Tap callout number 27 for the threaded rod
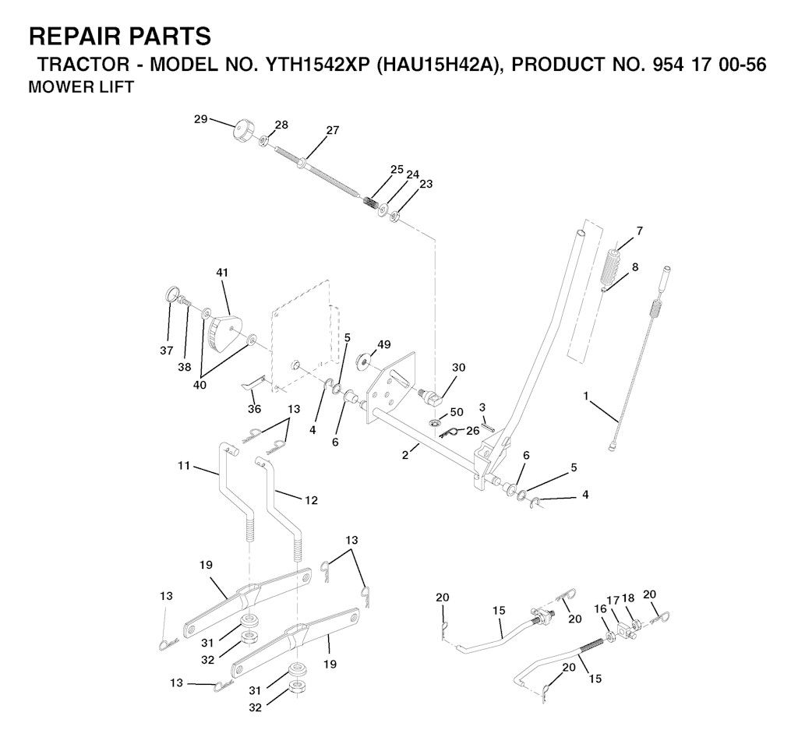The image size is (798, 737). click(x=332, y=130)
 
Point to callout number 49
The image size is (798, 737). click(x=384, y=345)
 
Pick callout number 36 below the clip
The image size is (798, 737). click(x=254, y=408)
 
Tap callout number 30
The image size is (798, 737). click(x=458, y=367)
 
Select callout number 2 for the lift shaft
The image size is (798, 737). click(x=405, y=454)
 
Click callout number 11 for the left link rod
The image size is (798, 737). click(x=184, y=465)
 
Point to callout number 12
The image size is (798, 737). click(x=311, y=500)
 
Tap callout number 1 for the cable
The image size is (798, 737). click(x=586, y=395)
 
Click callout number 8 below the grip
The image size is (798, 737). click(x=634, y=267)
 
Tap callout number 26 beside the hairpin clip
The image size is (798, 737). click(x=473, y=431)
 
